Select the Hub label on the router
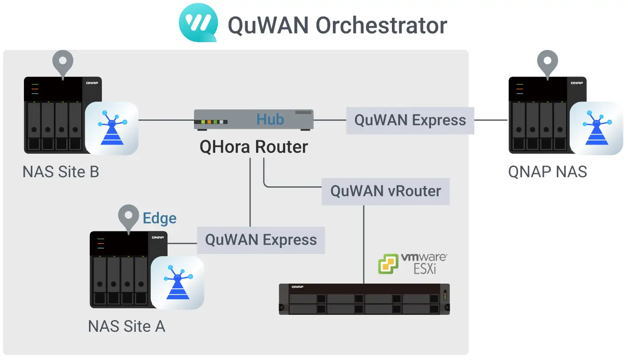pos(270,119)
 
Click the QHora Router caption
pos(253,147)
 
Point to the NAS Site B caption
pos(61,172)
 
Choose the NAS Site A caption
pos(126,326)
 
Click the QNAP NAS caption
pos(547,172)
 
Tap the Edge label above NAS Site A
pos(160,218)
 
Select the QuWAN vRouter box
pos(385,191)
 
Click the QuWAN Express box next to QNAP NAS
pos(410,120)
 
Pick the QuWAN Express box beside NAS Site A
pos(261,240)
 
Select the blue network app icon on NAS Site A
pos(177,282)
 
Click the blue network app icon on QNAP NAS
pos(596,128)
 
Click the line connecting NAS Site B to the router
pos(166,120)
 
